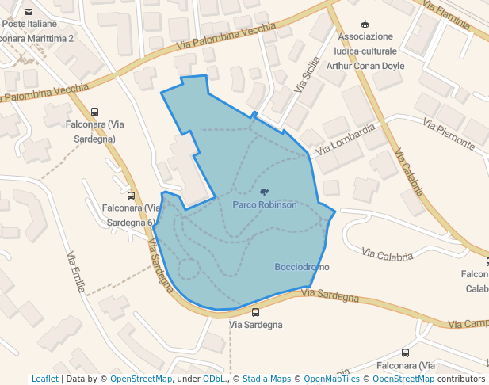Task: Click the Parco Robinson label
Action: pos(265,204)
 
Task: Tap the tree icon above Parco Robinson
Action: pos(264,192)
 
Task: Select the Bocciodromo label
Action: pos(301,267)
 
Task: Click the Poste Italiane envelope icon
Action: pos(29,12)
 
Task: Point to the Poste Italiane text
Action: pos(25,25)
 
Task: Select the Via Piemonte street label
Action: pos(449,135)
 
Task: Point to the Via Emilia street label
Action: pos(75,272)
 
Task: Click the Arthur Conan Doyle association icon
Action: pos(365,24)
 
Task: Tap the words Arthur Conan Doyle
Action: pos(366,66)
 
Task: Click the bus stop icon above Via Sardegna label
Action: pos(255,312)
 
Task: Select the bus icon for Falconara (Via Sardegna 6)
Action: pos(131,196)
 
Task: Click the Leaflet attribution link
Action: pos(44,379)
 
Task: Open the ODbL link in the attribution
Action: pos(212,379)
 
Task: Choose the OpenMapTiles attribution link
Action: pos(332,379)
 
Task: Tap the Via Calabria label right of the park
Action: pos(388,255)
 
